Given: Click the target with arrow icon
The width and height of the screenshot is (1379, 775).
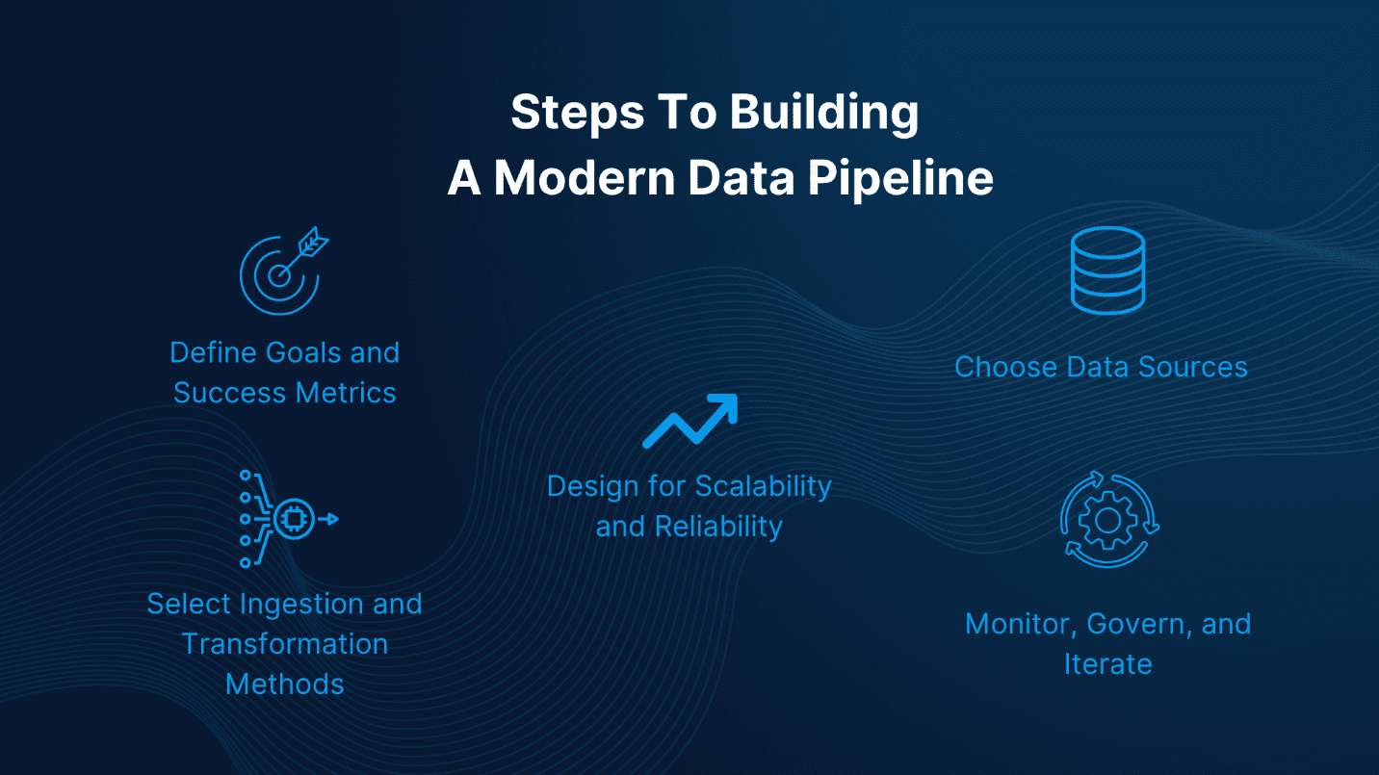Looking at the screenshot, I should (x=281, y=271).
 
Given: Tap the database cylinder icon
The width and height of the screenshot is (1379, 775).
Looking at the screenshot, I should (x=1107, y=270).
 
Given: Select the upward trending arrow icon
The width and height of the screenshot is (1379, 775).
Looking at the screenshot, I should (x=689, y=421).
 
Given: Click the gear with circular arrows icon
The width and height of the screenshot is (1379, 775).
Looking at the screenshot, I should (x=1108, y=520).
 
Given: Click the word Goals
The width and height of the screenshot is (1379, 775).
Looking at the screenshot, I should (x=294, y=352).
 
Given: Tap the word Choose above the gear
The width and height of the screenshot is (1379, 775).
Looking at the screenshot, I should (x=1005, y=367).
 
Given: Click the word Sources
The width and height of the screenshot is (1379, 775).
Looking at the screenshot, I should (x=1193, y=367).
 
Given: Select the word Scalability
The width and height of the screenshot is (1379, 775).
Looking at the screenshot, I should (x=764, y=486).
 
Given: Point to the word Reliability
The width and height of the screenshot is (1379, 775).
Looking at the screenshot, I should (x=718, y=527).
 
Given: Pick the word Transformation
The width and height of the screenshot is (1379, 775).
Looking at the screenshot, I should (x=285, y=644).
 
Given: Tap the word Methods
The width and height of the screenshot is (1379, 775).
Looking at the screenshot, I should (x=285, y=685).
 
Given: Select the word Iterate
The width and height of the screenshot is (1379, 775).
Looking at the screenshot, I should (x=1107, y=664).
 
